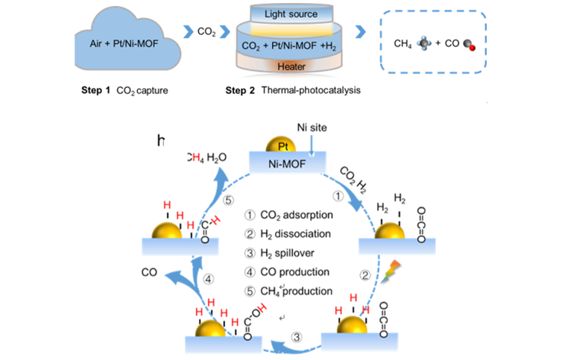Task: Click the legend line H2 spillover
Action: (x=286, y=253)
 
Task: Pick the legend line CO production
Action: (x=289, y=272)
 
